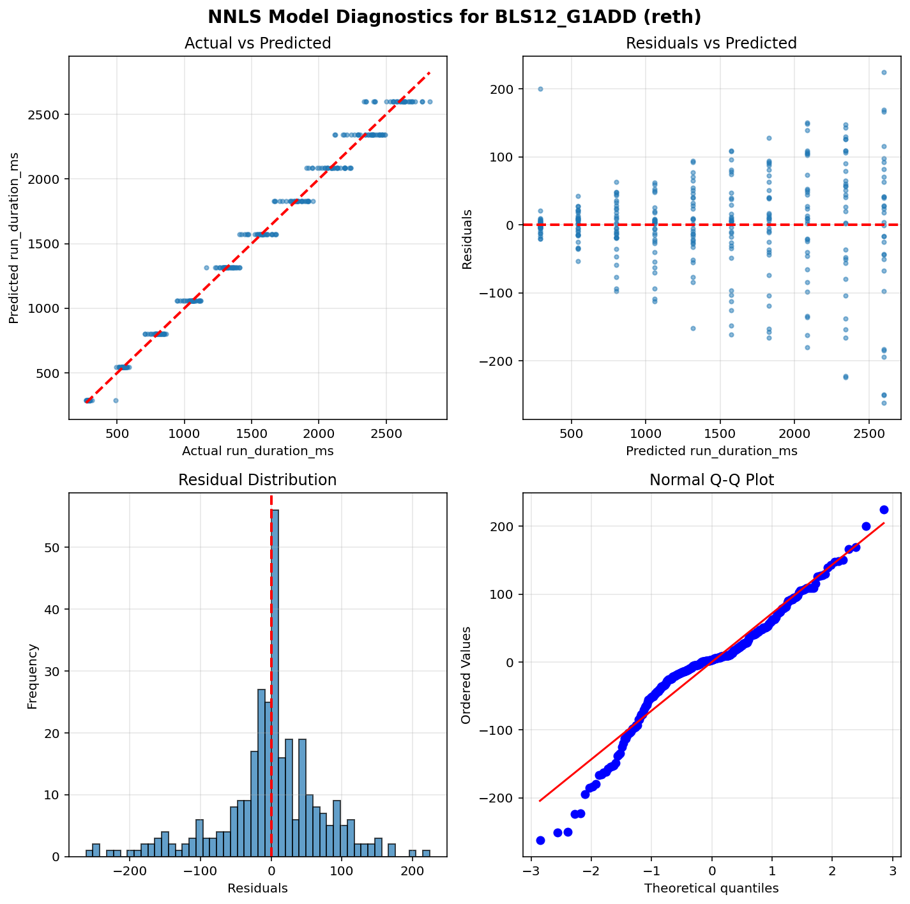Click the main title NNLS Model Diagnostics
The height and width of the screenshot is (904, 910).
click(454, 17)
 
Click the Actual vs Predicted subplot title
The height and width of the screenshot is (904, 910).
click(257, 43)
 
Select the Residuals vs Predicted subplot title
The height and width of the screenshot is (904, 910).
click(711, 43)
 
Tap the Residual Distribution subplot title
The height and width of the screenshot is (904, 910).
click(257, 480)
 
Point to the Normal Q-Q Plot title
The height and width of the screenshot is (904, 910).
click(711, 480)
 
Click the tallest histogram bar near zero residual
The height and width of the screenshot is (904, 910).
click(275, 683)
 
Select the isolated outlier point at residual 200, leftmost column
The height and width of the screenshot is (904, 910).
click(540, 89)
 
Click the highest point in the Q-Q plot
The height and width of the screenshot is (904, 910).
click(884, 509)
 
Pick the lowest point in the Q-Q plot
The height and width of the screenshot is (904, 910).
click(540, 840)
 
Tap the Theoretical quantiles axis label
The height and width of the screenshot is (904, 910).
click(711, 888)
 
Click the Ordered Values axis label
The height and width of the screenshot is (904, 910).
click(466, 675)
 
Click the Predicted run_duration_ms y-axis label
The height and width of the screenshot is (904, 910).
click(13, 237)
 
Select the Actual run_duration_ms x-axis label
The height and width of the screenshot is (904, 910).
click(257, 451)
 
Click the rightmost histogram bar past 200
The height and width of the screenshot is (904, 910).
click(426, 853)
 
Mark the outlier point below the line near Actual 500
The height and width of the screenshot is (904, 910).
click(116, 400)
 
